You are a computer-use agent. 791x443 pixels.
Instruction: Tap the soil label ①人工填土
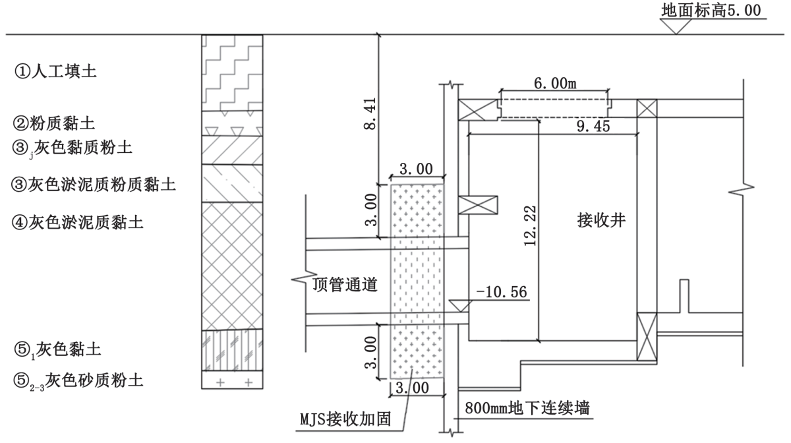[x=56, y=71]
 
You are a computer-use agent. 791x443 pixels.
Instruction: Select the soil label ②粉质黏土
[x=56, y=123]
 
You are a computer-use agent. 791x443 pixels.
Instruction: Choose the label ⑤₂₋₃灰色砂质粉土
[x=79, y=380]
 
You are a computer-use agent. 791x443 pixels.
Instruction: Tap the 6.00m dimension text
[x=554, y=83]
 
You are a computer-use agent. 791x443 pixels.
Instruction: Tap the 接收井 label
[x=599, y=222]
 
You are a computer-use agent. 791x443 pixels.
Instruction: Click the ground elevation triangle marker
[x=678, y=26]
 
